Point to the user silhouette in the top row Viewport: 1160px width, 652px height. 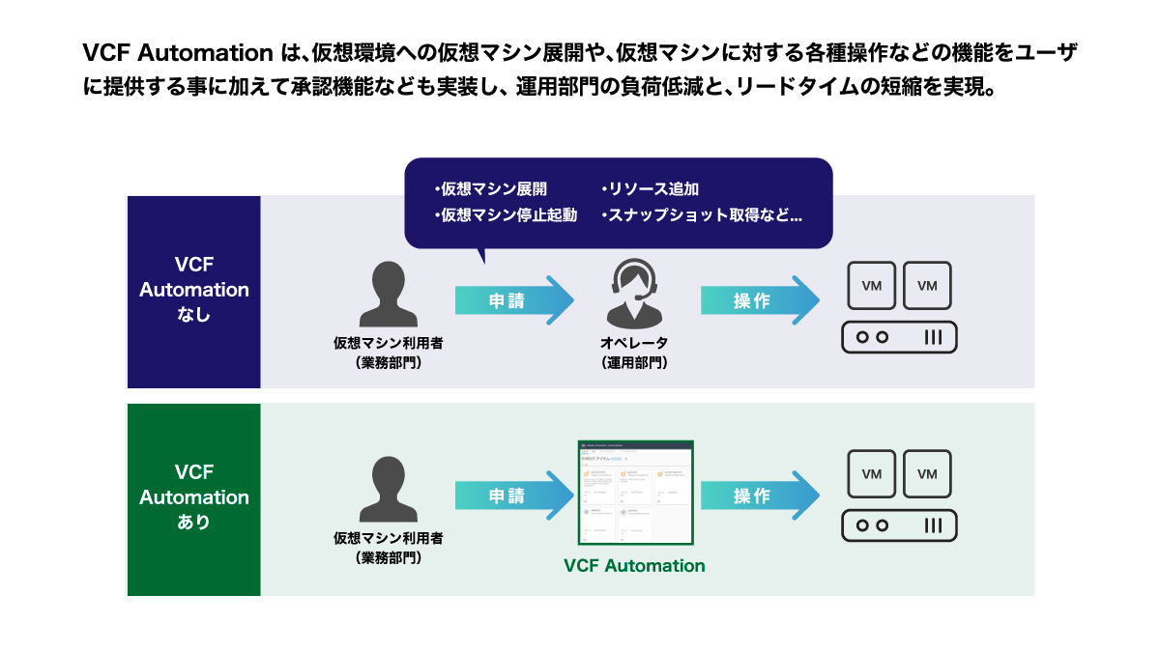[x=389, y=294]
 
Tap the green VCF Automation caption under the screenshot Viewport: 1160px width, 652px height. [x=634, y=565]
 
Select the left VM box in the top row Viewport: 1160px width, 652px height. [x=872, y=285]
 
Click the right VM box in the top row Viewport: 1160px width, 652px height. [x=927, y=285]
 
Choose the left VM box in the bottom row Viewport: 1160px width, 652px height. [x=872, y=473]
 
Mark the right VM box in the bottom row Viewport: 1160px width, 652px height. [x=927, y=473]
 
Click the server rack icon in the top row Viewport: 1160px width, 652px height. [x=899, y=337]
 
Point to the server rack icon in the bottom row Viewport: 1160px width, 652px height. [x=899, y=525]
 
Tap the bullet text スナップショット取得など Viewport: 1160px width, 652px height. [x=701, y=215]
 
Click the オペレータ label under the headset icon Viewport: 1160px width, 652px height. [x=634, y=343]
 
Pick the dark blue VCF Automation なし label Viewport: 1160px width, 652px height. [x=194, y=290]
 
